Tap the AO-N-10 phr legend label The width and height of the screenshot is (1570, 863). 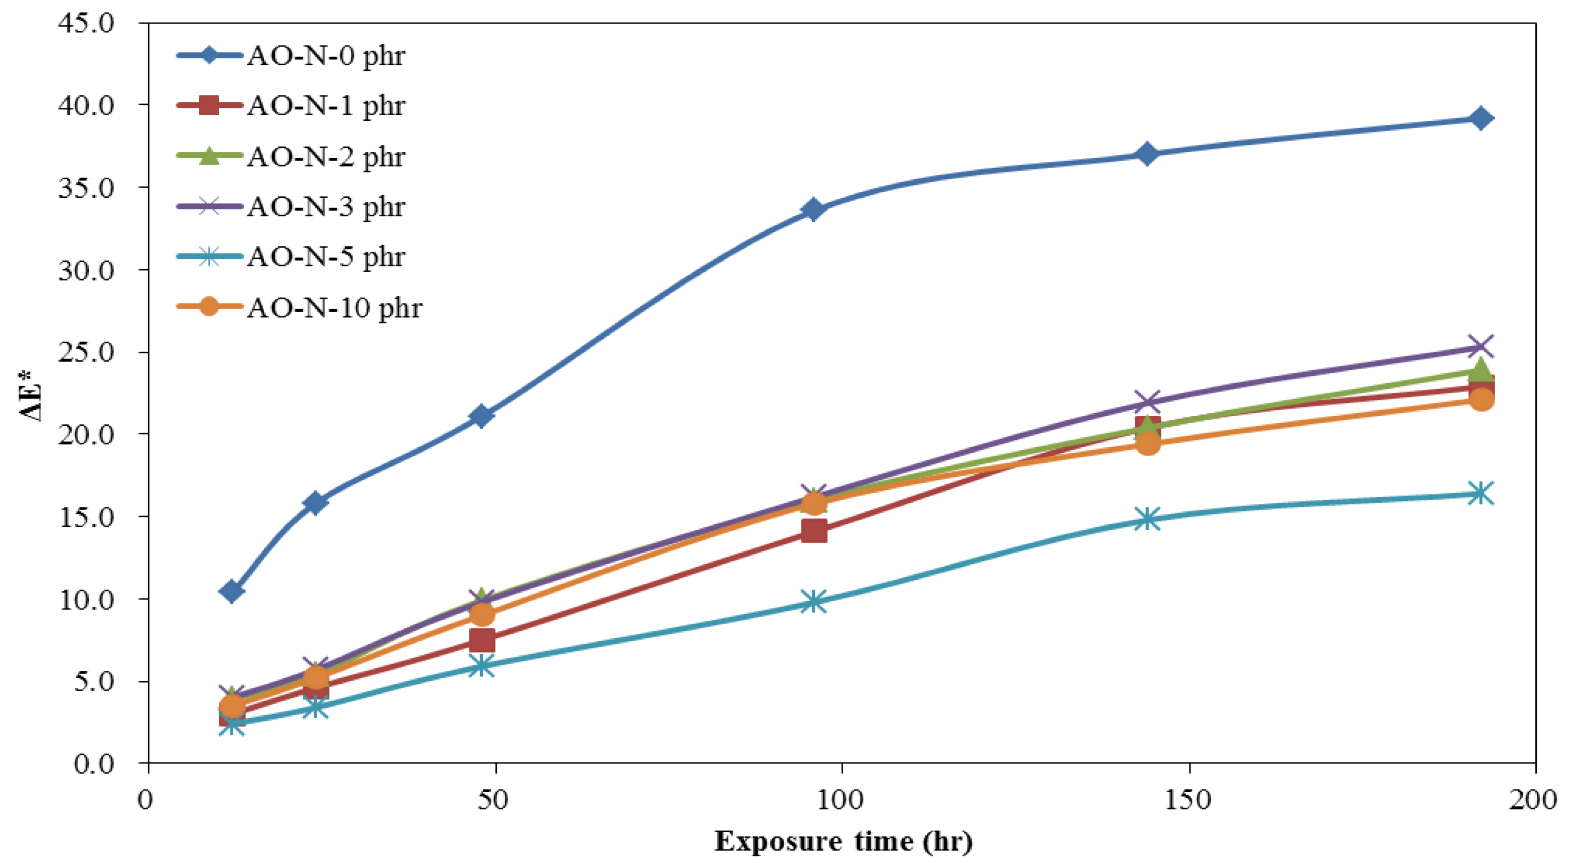[x=334, y=307]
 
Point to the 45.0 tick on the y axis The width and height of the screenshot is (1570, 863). [x=86, y=23]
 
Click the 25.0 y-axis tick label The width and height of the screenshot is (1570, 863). [x=86, y=352]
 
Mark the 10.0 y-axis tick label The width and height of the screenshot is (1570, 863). [x=86, y=599]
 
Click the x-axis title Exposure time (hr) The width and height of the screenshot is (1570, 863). [x=843, y=842]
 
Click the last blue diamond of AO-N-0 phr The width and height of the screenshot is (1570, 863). [x=1481, y=118]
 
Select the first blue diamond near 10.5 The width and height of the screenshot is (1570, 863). [x=232, y=591]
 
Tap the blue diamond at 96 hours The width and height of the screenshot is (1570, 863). [x=813, y=210]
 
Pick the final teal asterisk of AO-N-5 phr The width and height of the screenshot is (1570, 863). [x=1481, y=493]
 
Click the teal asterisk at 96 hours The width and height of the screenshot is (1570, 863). [x=813, y=602]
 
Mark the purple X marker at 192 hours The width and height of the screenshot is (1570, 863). [x=1481, y=347]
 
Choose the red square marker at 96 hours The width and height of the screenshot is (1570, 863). [x=813, y=531]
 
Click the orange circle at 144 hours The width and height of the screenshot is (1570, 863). [x=1148, y=443]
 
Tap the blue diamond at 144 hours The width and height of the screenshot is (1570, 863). [x=1148, y=153]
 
